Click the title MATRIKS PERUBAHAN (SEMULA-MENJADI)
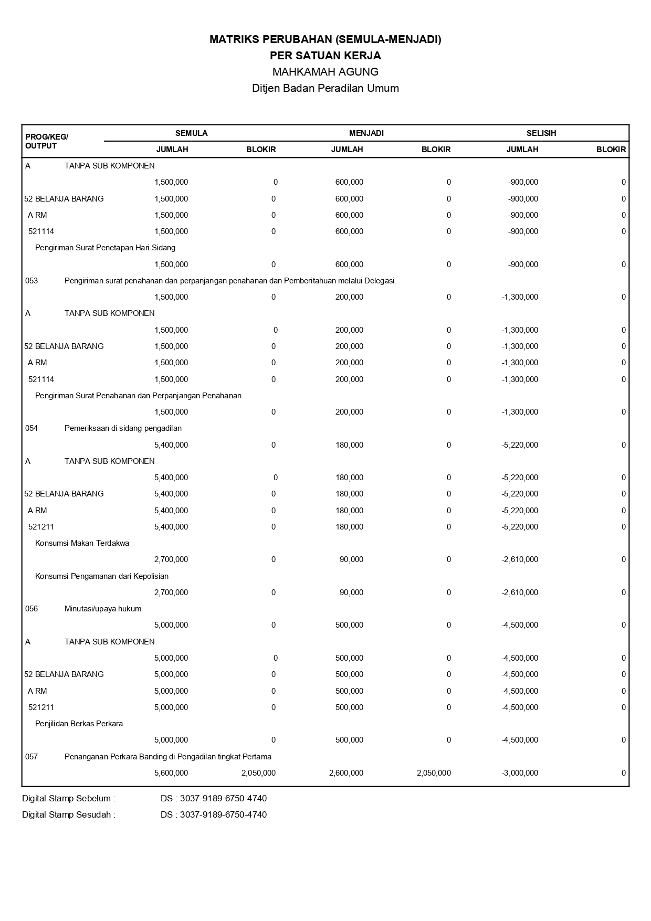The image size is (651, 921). click(325, 39)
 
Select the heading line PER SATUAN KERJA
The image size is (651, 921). click(325, 56)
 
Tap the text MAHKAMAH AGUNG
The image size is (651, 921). click(325, 72)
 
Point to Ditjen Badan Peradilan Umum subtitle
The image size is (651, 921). click(325, 88)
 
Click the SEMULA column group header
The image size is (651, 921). click(191, 133)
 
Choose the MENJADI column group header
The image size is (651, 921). click(366, 133)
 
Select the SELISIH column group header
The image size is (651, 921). click(541, 133)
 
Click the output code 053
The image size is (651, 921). click(31, 281)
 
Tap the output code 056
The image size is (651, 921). click(31, 609)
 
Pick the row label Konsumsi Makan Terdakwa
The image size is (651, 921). click(82, 543)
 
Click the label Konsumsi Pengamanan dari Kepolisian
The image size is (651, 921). click(102, 576)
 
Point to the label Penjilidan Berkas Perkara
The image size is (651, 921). click(79, 724)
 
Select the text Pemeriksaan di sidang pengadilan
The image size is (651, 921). click(123, 428)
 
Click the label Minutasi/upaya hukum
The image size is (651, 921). click(103, 609)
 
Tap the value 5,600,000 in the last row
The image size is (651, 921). click(171, 773)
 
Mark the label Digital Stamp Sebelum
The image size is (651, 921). click(69, 799)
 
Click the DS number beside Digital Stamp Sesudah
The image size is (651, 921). click(214, 815)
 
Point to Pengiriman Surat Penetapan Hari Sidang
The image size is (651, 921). click(105, 248)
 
